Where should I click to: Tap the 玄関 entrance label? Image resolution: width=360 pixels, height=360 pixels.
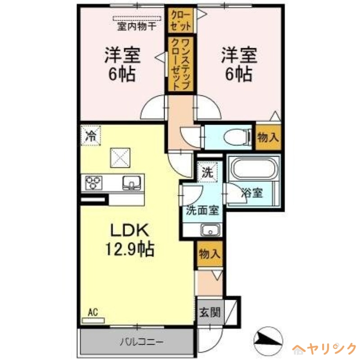(209, 311)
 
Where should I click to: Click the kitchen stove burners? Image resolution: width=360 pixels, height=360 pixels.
(94, 182)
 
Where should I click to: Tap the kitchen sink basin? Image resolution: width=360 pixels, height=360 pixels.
(132, 182)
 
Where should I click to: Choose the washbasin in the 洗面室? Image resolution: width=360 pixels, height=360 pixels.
(209, 231)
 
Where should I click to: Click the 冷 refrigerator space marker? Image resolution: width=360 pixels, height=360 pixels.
(91, 135)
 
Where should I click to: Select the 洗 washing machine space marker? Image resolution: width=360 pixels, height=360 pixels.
(207, 171)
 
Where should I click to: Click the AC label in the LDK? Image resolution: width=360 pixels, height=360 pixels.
(93, 312)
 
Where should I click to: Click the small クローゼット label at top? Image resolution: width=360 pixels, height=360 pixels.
(180, 21)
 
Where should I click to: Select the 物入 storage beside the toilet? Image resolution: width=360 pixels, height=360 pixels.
(268, 138)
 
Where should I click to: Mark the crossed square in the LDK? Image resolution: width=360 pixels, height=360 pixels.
(120, 157)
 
